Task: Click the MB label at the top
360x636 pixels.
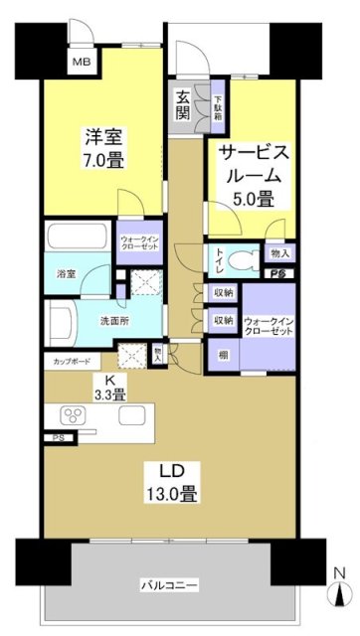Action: [x=77, y=63]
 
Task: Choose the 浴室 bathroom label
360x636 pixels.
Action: [x=66, y=269]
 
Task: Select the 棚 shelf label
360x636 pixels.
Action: [x=221, y=354]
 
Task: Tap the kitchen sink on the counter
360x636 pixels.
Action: [x=133, y=415]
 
